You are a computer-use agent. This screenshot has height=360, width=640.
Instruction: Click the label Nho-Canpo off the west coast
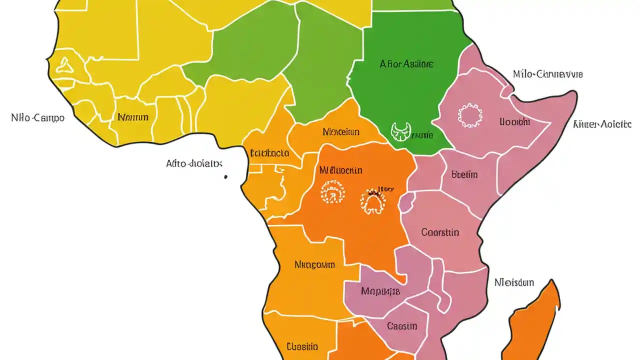point(37,118)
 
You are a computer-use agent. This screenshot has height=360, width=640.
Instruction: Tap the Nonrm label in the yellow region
point(133,117)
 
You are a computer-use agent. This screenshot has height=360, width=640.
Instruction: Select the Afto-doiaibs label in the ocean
point(194,163)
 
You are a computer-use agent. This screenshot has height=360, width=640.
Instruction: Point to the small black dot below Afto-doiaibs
point(226,176)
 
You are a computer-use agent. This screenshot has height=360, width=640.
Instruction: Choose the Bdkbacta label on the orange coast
point(269,153)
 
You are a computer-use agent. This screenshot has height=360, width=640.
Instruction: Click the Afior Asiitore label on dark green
point(406,64)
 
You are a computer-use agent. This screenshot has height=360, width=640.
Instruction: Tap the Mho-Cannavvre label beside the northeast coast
point(547,74)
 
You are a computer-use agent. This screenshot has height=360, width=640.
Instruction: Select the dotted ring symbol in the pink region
point(470,116)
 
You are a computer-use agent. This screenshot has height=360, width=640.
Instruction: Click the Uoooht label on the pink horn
point(514,121)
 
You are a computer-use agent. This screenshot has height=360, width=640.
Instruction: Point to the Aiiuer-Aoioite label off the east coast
point(602,124)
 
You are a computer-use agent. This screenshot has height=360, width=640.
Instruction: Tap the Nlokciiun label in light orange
point(341,132)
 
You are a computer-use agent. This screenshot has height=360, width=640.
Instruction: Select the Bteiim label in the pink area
point(464,174)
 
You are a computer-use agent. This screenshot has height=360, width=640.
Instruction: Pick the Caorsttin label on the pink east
point(440,232)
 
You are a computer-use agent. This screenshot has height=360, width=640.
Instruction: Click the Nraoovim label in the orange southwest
point(314,264)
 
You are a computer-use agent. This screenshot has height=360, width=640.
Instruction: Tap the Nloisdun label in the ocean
point(514,282)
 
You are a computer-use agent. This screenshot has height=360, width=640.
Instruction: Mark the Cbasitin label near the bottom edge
point(302,346)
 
